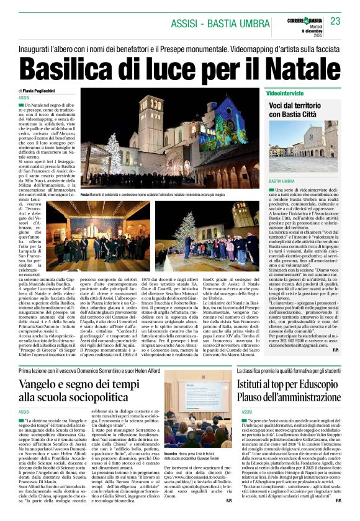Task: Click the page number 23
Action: tap(335, 22)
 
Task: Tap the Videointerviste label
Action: tap(284, 92)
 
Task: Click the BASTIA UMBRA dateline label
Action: tap(281, 180)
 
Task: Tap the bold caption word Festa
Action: tap(85, 195)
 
